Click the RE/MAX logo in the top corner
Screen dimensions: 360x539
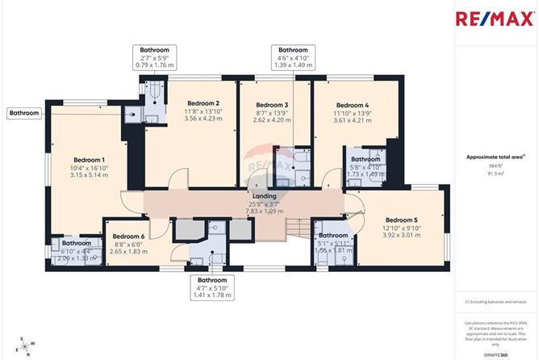tap(493, 19)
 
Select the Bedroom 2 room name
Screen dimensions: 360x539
tap(203, 103)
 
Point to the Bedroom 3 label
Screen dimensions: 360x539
tap(272, 105)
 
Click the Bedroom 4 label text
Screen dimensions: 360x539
tap(352, 105)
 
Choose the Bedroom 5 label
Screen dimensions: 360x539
tap(401, 220)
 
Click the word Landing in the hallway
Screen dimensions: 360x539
tap(265, 196)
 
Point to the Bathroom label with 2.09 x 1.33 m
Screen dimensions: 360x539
tap(77, 243)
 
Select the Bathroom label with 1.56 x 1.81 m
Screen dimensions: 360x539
tap(332, 235)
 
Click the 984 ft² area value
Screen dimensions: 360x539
tap(490, 166)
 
